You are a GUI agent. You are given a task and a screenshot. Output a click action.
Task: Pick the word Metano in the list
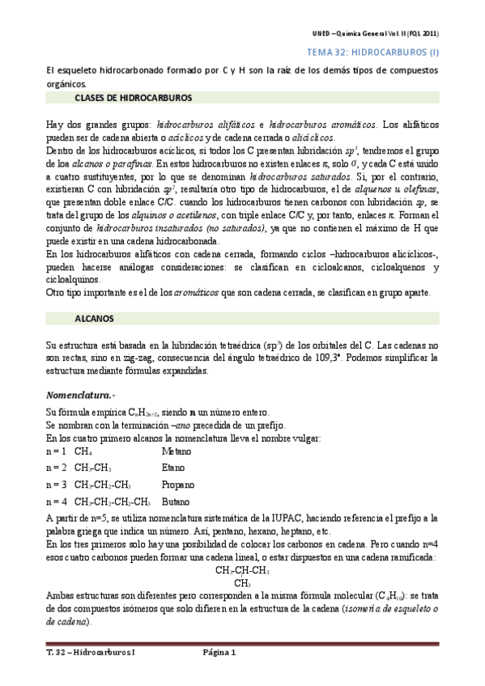[177, 451]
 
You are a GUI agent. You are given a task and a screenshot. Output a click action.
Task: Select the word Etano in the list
[173, 468]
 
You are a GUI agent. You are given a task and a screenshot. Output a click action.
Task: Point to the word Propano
[178, 485]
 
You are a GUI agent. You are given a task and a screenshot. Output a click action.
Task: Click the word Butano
[177, 502]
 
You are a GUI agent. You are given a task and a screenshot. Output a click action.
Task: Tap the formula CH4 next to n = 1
[83, 451]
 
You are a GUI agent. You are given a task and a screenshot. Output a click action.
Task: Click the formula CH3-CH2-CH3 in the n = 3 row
[103, 485]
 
